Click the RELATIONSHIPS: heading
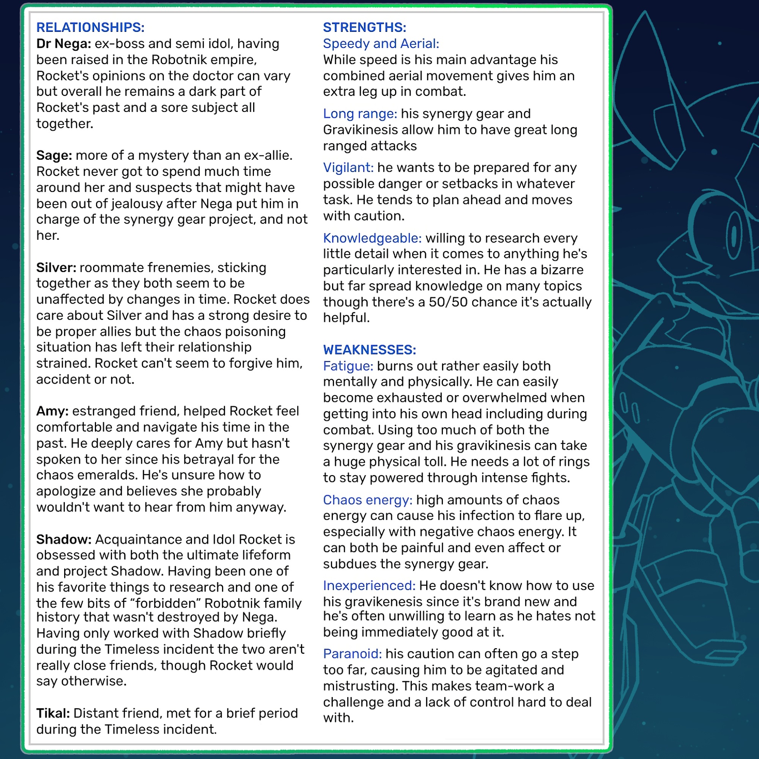[90, 27]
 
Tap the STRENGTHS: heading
[364, 27]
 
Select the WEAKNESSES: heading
[369, 349]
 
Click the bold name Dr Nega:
[64, 44]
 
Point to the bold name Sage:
[54, 155]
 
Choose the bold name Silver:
[56, 268]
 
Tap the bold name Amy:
[52, 411]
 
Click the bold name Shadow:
[64, 539]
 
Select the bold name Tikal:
[53, 713]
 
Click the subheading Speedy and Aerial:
[381, 44]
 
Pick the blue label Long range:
[360, 113]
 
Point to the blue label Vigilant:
[348, 167]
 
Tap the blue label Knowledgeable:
[372, 238]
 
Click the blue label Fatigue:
[348, 366]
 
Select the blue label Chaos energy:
[367, 500]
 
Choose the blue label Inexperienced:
[369, 585]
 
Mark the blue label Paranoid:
[353, 654]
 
